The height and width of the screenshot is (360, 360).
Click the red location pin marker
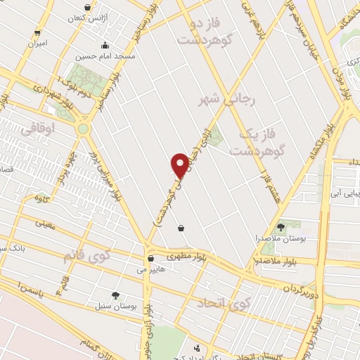pos(180,166)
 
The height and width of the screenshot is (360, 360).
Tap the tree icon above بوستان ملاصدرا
pos(281,226)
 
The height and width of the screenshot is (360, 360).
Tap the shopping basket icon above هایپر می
pos(150,258)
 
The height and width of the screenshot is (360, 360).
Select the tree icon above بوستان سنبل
pos(115,296)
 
